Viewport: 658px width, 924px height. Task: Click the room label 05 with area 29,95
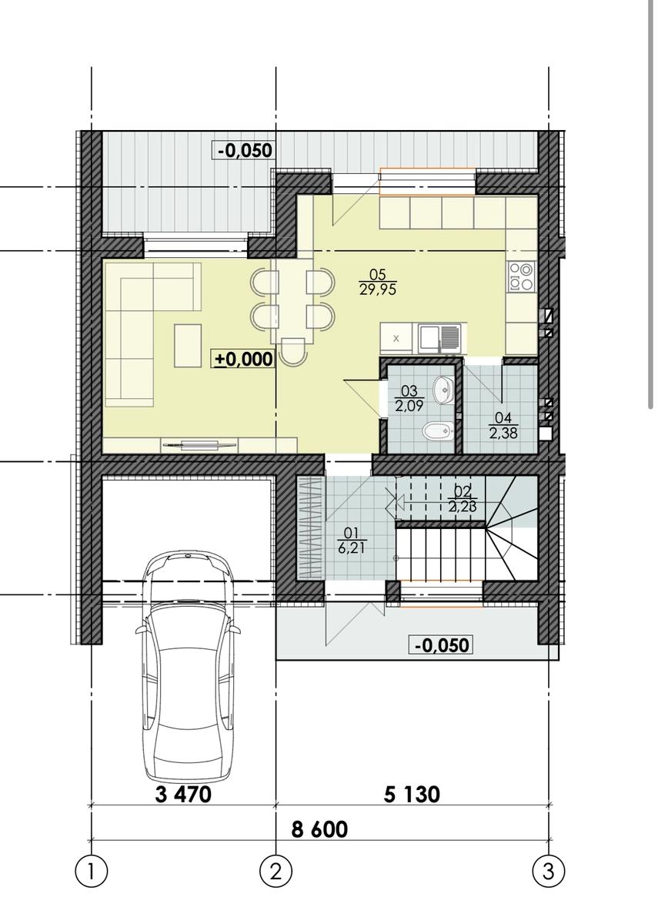click(378, 282)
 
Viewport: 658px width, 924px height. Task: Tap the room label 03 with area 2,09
click(409, 399)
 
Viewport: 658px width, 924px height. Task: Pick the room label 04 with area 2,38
click(503, 426)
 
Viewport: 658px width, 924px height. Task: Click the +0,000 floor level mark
click(243, 359)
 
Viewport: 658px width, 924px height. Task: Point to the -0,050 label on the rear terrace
click(244, 150)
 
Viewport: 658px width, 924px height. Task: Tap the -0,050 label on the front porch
click(441, 644)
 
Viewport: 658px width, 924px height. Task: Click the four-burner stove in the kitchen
click(521, 276)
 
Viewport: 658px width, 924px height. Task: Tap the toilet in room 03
click(438, 431)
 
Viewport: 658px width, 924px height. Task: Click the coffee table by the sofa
click(188, 346)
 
